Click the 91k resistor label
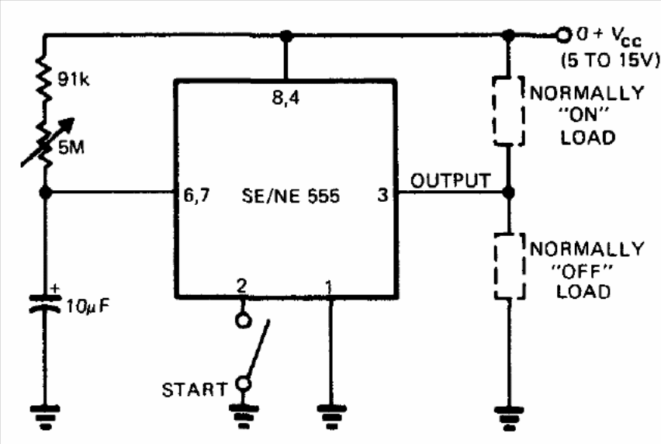(74, 79)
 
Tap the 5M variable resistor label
(71, 147)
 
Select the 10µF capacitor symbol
(45, 304)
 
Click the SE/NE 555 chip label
(290, 196)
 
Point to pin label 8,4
(286, 98)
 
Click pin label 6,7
(196, 196)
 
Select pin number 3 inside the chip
(382, 195)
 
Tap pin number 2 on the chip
(241, 286)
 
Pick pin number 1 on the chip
(329, 287)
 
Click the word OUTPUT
(451, 181)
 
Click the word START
(195, 390)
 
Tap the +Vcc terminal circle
(562, 35)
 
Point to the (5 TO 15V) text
(610, 61)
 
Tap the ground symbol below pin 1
(331, 417)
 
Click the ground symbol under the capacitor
(45, 417)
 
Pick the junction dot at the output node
(509, 193)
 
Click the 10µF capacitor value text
(88, 307)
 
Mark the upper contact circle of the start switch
(243, 321)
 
